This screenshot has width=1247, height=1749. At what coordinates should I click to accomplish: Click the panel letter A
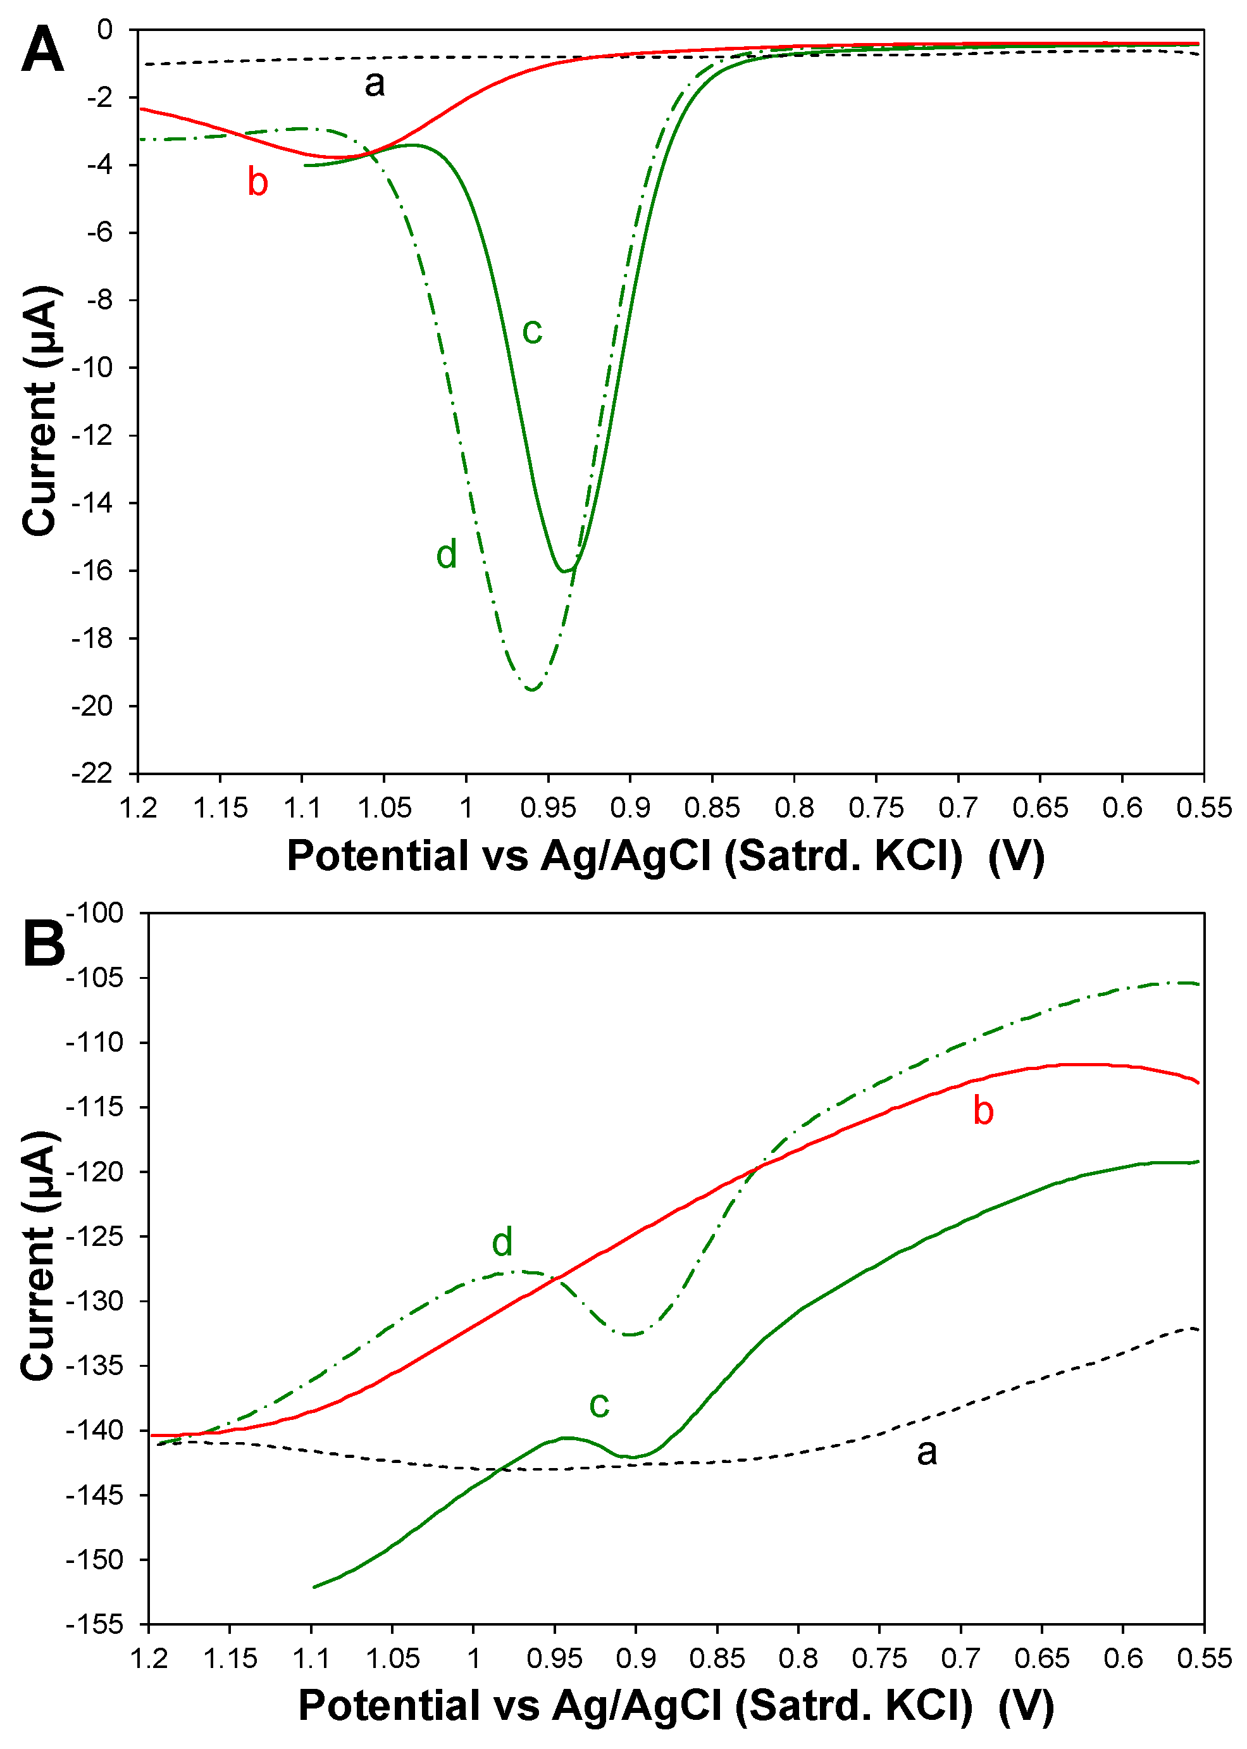pos(42,49)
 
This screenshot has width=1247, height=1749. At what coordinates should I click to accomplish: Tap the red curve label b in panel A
pos(257,183)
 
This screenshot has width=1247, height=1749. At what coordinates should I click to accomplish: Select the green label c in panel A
pos(532,331)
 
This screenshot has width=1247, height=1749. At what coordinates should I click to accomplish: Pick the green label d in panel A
pos(446,554)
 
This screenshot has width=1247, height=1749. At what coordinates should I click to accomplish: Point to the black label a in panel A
pos(374,84)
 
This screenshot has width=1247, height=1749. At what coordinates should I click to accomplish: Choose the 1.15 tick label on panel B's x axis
pos(230,1659)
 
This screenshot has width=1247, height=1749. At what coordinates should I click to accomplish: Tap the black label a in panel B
pos(927,1452)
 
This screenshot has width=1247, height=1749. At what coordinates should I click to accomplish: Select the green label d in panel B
pos(502,1242)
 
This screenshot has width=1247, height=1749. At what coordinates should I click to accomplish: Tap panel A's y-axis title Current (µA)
pos(39,411)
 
